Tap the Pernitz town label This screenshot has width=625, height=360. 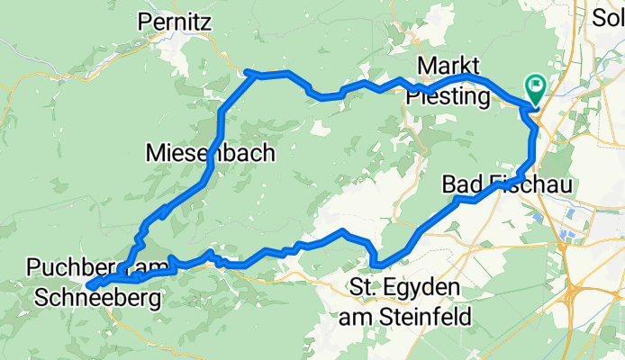[x=175, y=22]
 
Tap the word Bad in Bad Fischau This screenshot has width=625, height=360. [x=460, y=184]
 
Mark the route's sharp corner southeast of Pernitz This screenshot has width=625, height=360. [x=249, y=72]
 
